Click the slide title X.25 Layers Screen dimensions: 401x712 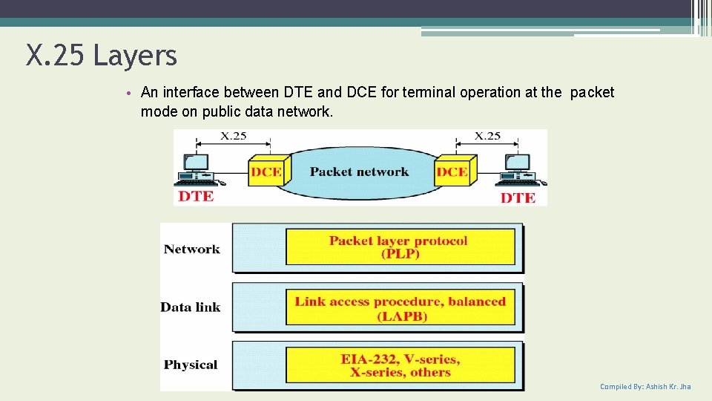[x=102, y=56]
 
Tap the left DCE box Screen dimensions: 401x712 [x=266, y=172]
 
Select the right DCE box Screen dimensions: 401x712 [x=452, y=172]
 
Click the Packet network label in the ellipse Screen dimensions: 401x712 [x=359, y=172]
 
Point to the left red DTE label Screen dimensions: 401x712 [x=196, y=197]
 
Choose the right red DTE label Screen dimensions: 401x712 [x=518, y=198]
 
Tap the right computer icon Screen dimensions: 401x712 [x=519, y=170]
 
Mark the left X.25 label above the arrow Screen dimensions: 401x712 [x=234, y=136]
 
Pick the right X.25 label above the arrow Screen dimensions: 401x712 [x=488, y=136]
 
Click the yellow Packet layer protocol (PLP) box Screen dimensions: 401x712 [x=400, y=247]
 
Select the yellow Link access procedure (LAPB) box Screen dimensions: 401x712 [x=400, y=308]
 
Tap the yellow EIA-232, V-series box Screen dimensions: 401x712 [x=400, y=365]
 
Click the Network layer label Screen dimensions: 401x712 [x=192, y=250]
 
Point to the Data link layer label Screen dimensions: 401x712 [x=191, y=307]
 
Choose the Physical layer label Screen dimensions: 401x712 [x=191, y=365]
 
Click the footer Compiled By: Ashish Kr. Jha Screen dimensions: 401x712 [x=645, y=387]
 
